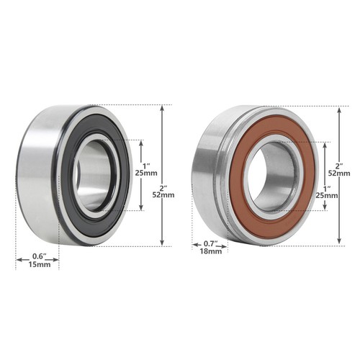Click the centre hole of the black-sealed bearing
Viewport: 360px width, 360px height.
click(92, 175)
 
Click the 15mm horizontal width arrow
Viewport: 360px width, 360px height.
click(38, 247)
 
